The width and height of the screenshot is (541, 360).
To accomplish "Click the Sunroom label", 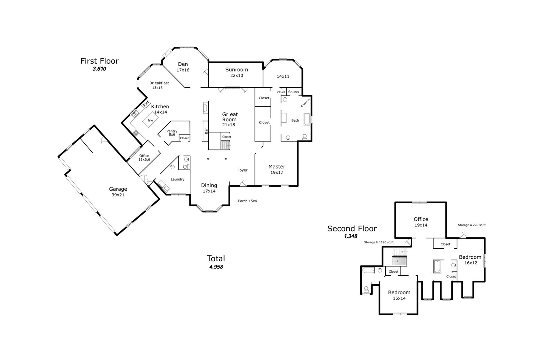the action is [236, 70].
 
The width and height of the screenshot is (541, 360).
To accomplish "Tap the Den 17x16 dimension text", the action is [183, 70].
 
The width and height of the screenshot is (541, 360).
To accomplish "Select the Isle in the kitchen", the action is [150, 120].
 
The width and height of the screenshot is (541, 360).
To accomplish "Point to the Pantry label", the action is [172, 131].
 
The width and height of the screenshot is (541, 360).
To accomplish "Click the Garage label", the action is [118, 189].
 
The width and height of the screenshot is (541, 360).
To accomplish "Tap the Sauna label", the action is [293, 92].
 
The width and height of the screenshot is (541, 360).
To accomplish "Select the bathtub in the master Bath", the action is [307, 119].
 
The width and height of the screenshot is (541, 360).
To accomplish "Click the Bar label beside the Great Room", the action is [206, 131].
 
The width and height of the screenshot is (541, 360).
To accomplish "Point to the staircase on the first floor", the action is [225, 145].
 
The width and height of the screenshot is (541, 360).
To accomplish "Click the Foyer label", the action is [242, 170].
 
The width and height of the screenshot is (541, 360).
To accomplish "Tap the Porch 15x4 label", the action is [248, 201].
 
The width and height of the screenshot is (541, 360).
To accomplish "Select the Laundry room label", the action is [178, 179].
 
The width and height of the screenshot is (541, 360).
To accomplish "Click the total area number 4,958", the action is [216, 267].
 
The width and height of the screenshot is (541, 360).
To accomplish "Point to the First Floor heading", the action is [100, 61].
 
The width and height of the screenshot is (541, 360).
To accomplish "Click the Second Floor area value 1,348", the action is [351, 236].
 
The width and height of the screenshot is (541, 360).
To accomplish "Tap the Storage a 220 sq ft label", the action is [472, 225].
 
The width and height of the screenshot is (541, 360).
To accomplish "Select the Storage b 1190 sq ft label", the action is [379, 242].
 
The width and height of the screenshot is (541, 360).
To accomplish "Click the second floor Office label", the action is [421, 219].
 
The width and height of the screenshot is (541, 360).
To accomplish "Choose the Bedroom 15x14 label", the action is [399, 295].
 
